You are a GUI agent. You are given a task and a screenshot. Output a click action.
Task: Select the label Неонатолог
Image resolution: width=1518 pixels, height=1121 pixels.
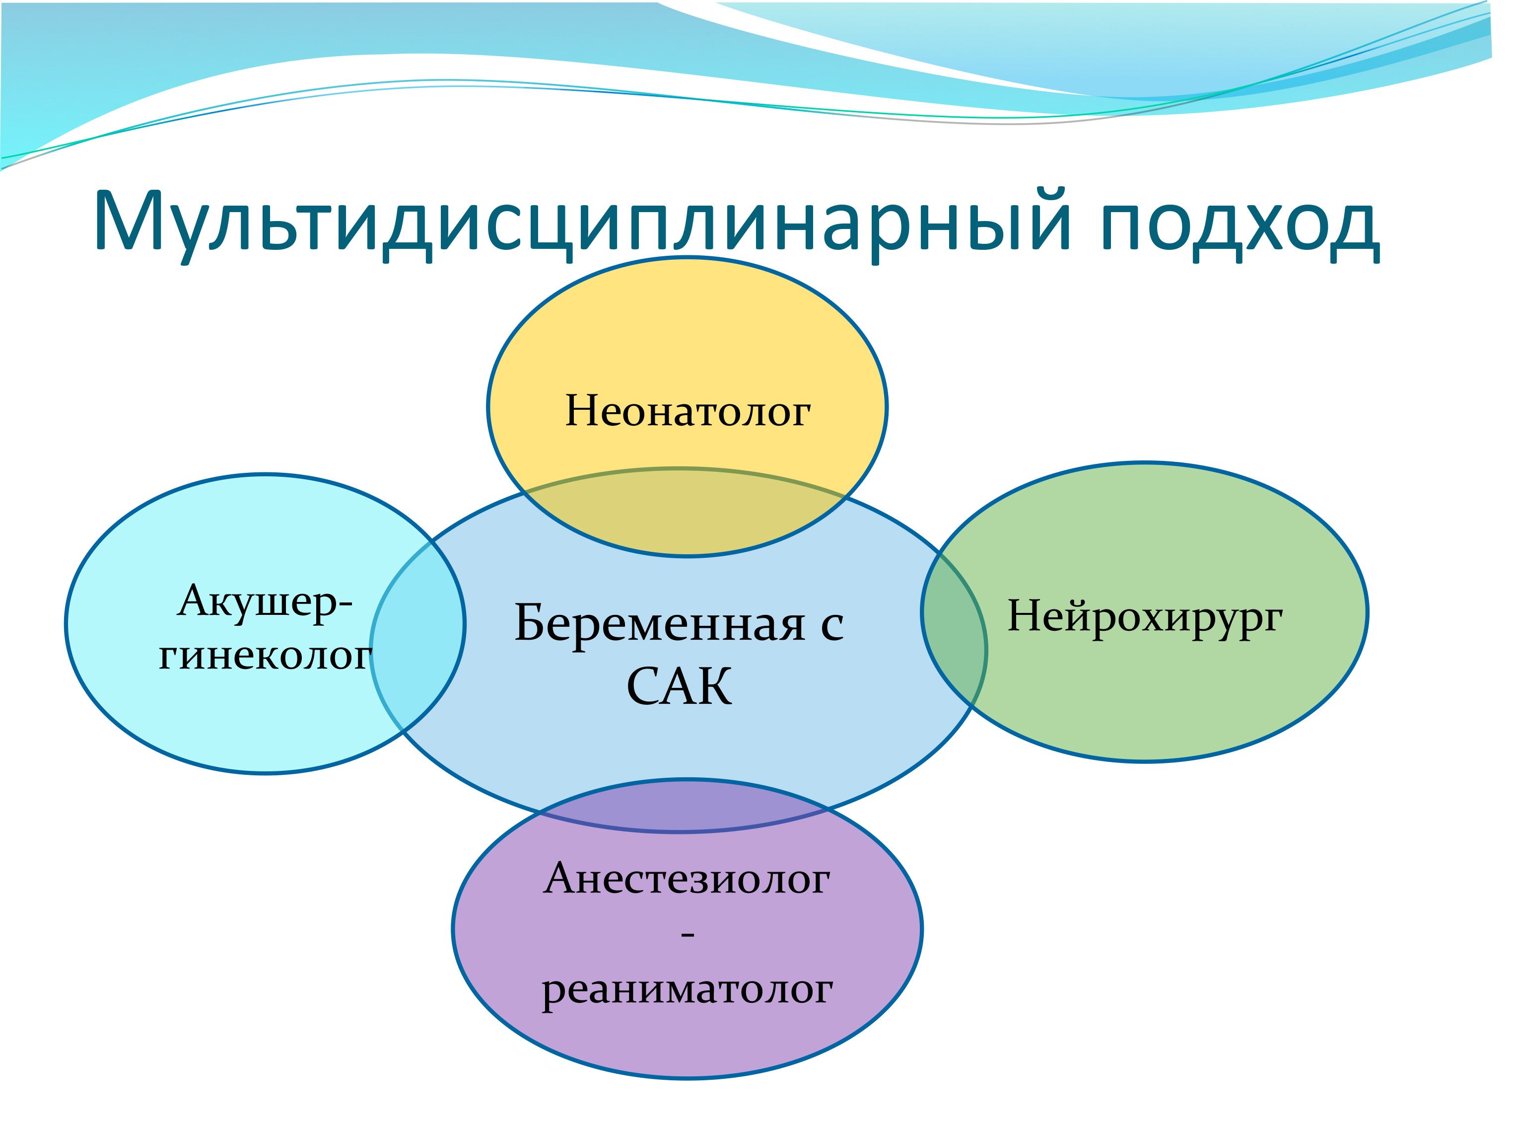click(688, 411)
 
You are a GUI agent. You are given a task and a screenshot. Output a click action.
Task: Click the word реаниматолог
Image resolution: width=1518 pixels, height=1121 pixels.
click(687, 990)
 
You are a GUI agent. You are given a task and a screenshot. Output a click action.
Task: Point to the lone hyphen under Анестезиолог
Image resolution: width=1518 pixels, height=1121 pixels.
click(687, 936)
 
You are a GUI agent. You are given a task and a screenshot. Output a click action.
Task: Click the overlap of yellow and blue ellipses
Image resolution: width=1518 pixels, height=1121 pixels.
click(686, 512)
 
